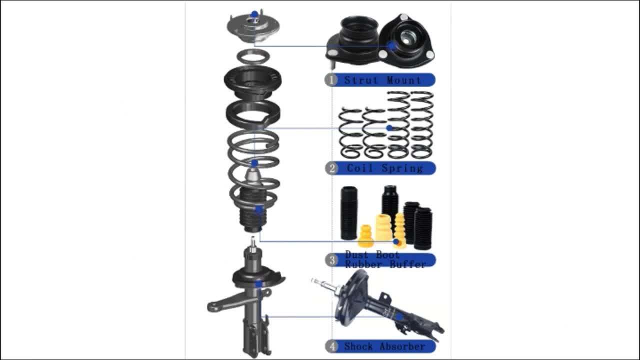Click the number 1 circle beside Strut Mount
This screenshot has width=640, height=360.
331,80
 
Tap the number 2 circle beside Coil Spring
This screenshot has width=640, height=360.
331,168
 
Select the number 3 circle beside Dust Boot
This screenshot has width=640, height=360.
331,260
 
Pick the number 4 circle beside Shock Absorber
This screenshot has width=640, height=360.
331,346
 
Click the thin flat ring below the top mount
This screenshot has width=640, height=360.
253,57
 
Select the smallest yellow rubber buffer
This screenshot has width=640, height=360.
365,236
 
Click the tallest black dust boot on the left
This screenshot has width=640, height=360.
348,212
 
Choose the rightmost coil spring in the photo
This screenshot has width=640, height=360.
421,125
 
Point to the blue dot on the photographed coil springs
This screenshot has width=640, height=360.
389,128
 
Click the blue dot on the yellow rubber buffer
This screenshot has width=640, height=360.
396,242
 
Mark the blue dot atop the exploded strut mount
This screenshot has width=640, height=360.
254,14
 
